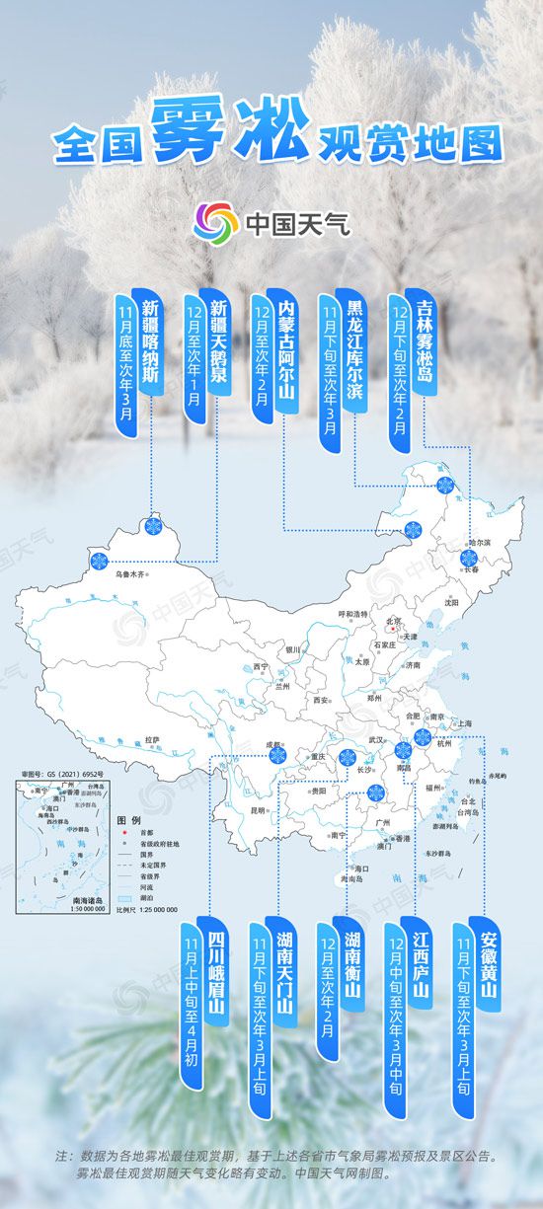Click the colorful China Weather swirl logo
coord(217,222)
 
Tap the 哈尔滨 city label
coord(479,543)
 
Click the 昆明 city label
coord(259,811)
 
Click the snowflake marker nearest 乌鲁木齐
coord(99,562)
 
